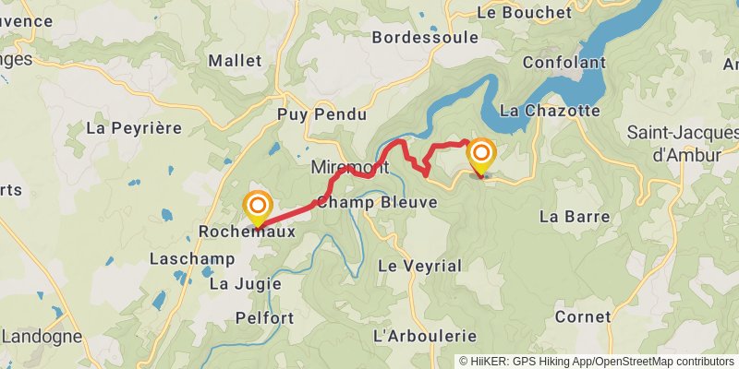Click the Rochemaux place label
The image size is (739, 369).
click(x=248, y=232)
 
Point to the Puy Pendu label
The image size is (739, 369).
click(x=321, y=115)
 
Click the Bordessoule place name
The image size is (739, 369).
click(x=425, y=38)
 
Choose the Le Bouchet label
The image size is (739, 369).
click(x=524, y=13)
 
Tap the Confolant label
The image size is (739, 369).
click(x=563, y=63)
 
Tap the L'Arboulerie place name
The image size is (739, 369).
click(x=424, y=336)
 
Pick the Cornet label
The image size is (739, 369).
click(x=583, y=316)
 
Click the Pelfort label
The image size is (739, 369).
click(x=264, y=318)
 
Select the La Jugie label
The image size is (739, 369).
click(x=245, y=284)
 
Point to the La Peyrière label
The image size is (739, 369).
click(x=134, y=128)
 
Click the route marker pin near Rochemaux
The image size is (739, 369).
click(x=257, y=206)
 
